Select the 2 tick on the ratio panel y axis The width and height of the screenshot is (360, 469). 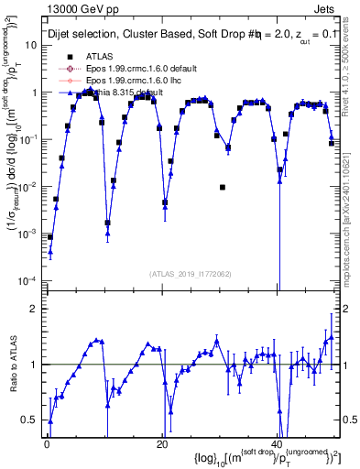click(x=34, y=309)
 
